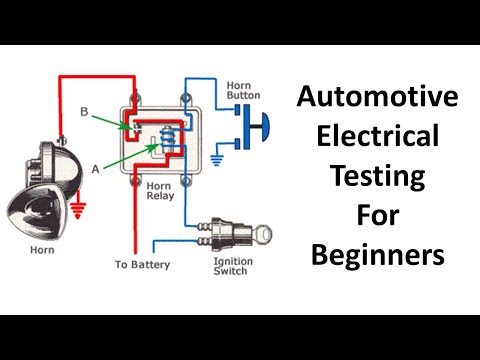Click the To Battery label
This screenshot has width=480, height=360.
143,265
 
